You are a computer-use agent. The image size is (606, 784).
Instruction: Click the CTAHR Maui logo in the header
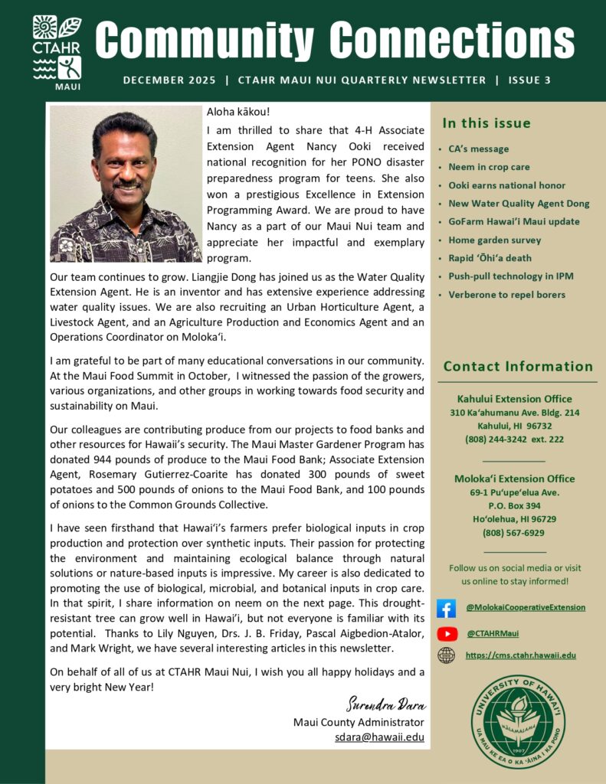(x=57, y=51)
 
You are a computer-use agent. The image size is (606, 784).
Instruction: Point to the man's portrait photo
(x=125, y=184)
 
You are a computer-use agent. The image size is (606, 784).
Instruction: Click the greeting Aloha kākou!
(x=238, y=112)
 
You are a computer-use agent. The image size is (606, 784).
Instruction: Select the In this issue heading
(x=486, y=123)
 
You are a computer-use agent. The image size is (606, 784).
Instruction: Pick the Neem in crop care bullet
(x=489, y=167)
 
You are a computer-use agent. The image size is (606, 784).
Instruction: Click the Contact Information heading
(x=518, y=367)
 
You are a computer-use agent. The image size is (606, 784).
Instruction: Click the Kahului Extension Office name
(x=514, y=399)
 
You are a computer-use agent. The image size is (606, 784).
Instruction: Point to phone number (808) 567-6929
(x=513, y=533)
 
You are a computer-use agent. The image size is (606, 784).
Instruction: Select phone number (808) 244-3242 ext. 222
(x=514, y=439)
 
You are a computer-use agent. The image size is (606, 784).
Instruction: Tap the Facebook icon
(x=446, y=608)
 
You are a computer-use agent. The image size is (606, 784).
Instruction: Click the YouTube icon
(x=447, y=633)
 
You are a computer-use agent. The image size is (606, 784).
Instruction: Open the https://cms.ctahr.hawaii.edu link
(x=520, y=655)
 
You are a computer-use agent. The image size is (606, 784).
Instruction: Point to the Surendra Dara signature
(x=386, y=704)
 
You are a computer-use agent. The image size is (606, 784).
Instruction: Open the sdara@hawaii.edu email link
(x=379, y=737)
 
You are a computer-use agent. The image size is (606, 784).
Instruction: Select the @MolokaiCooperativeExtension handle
(x=525, y=608)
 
